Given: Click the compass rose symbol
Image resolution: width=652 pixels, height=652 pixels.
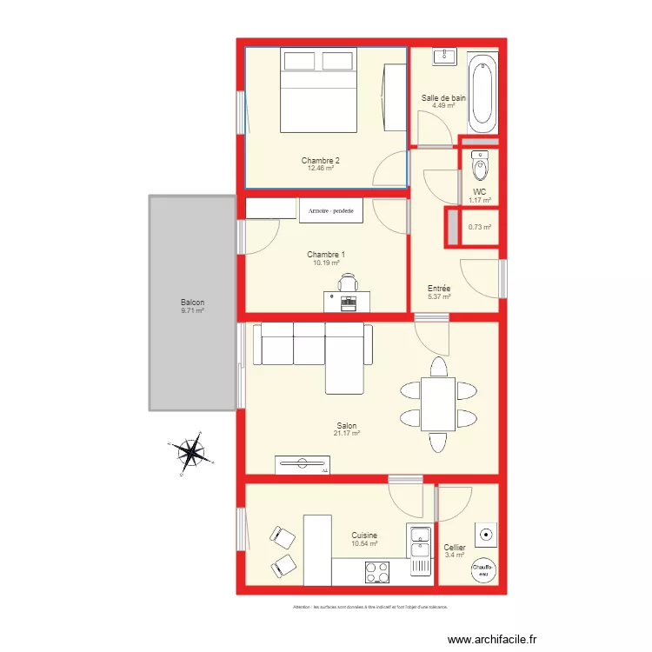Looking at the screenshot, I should [190, 453].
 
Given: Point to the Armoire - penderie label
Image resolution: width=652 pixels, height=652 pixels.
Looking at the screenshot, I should [332, 210].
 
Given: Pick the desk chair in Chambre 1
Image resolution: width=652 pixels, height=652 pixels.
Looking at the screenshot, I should [349, 283].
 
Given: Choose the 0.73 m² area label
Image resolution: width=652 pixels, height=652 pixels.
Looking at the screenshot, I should [480, 228].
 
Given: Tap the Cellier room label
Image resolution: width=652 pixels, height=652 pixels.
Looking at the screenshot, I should [455, 548].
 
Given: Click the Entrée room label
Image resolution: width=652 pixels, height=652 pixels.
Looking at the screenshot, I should [439, 289].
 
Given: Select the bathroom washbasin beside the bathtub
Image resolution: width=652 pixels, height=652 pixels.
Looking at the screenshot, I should [444, 57].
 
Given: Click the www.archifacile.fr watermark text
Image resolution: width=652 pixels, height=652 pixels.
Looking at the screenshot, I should [493, 640].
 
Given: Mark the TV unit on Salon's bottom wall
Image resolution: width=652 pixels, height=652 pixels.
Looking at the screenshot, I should [303, 465].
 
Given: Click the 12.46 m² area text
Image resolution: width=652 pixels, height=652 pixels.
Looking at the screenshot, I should [321, 169].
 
